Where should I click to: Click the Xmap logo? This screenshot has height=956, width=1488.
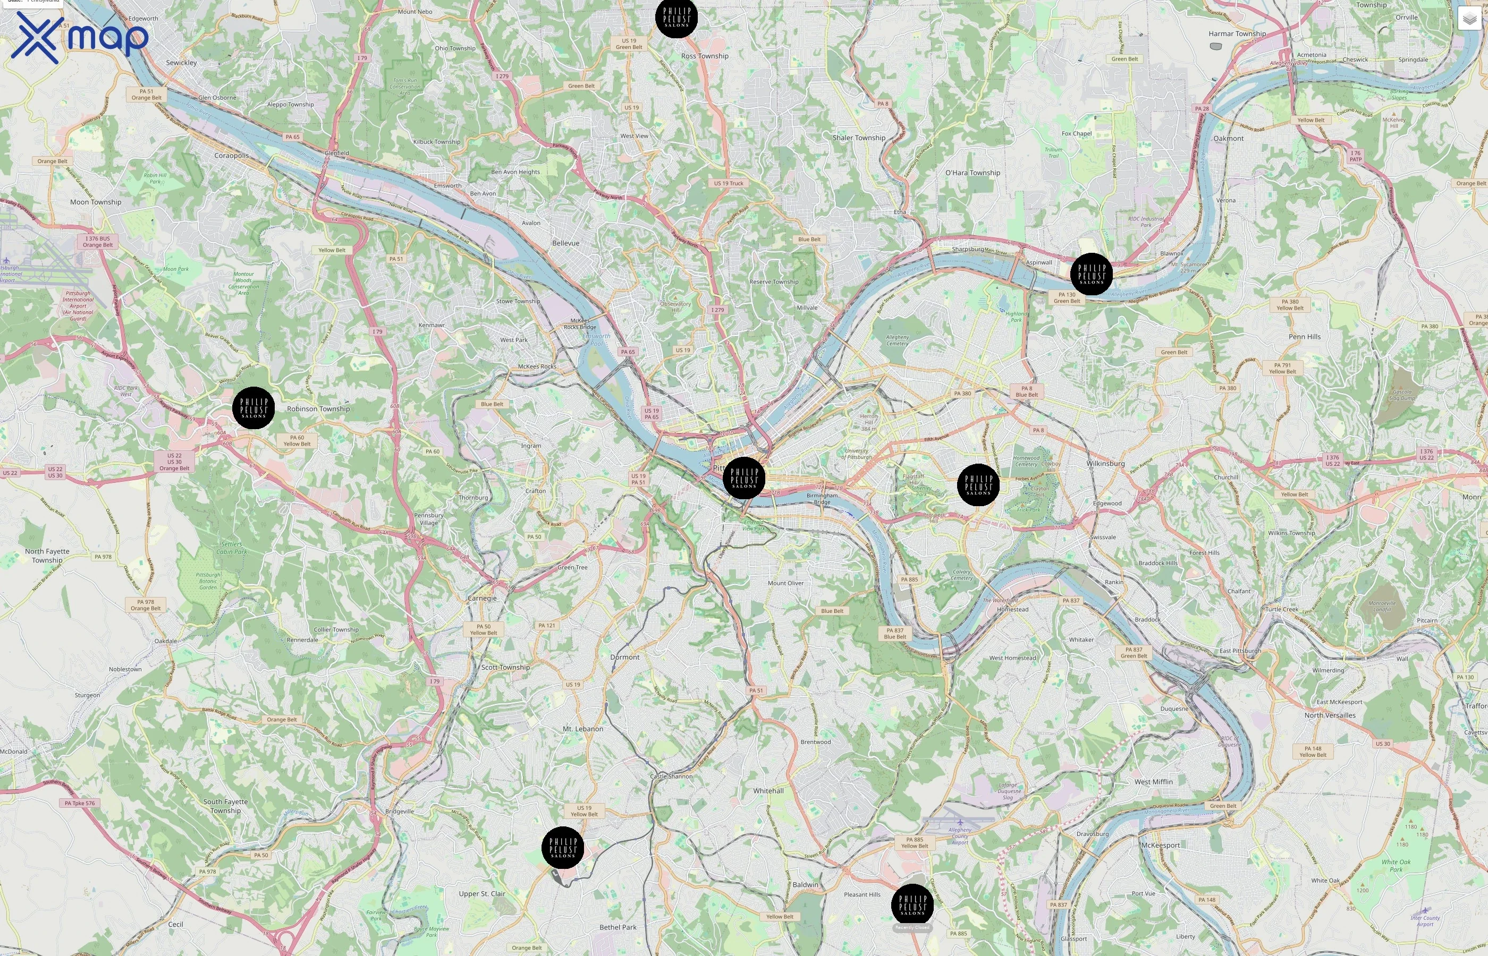(x=80, y=37)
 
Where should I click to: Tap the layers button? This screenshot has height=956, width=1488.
(x=1469, y=19)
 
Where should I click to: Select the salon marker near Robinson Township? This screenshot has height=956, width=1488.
(x=253, y=408)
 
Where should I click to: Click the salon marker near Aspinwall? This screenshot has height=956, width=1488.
(x=1091, y=274)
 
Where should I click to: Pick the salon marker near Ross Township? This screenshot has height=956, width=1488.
(x=677, y=18)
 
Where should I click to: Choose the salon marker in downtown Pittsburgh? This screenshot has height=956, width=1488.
(x=744, y=478)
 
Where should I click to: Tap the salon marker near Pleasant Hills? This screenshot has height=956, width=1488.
(x=912, y=905)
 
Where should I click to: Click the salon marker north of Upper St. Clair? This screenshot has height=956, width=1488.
(x=563, y=847)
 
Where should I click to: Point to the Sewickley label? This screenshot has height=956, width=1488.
(x=181, y=63)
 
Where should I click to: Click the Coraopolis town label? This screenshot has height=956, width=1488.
(x=231, y=156)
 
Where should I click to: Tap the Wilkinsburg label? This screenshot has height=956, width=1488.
(x=1105, y=464)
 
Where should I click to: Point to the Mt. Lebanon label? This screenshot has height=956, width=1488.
(x=582, y=729)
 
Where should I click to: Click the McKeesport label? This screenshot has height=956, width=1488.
(x=1160, y=846)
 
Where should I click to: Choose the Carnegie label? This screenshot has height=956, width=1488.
(x=482, y=599)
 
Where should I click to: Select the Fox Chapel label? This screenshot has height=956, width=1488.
(x=1076, y=133)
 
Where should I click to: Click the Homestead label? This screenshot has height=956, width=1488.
(x=1012, y=610)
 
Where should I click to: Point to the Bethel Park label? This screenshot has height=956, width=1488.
(x=618, y=927)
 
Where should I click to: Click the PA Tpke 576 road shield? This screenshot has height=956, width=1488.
(x=80, y=803)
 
